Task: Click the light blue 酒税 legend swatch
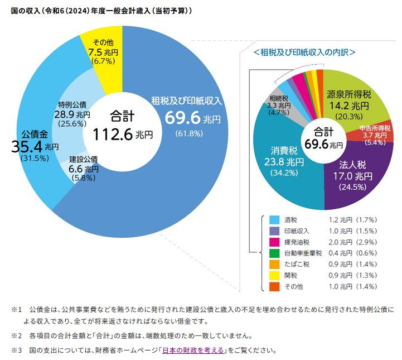coord(274,220)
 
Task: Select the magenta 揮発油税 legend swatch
coord(274,242)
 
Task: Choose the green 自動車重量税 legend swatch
coord(274,253)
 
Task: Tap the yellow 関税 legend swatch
coord(274,275)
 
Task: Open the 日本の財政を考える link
coord(193,351)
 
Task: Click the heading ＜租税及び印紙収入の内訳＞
coord(304,52)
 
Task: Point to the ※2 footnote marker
coord(16,336)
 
